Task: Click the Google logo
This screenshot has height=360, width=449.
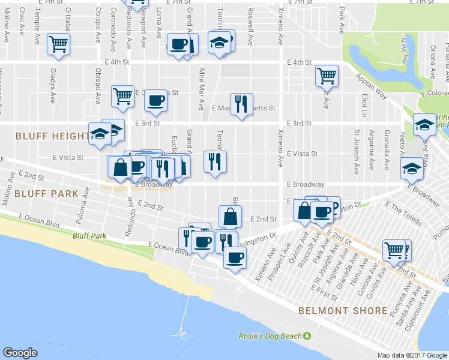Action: tap(20, 353)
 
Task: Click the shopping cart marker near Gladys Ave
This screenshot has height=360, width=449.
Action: tap(59, 44)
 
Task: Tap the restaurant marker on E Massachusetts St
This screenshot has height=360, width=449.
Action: tap(241, 104)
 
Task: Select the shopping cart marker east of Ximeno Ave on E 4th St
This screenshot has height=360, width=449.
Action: tap(327, 75)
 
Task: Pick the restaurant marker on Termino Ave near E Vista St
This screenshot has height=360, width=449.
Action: tap(215, 161)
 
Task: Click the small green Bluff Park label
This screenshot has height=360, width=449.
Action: tap(89, 236)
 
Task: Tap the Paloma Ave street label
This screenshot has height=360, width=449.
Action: tap(83, 202)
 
